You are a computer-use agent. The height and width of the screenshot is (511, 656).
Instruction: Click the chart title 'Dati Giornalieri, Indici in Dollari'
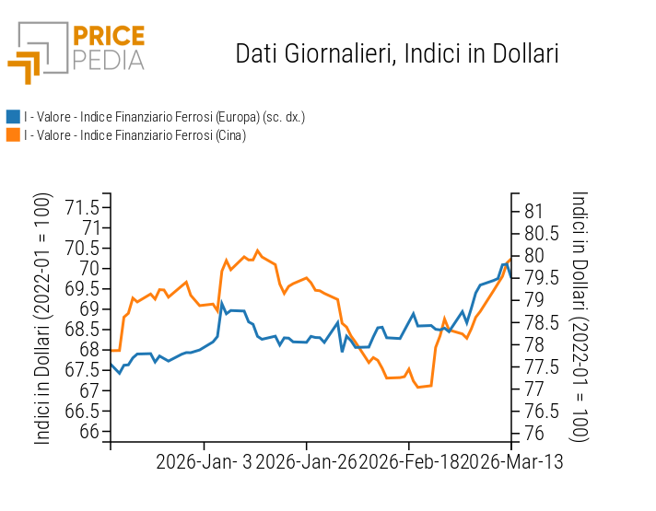[x=397, y=53]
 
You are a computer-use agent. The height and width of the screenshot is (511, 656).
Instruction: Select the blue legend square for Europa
[x=13, y=117]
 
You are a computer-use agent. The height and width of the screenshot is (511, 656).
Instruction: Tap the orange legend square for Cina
[x=13, y=134]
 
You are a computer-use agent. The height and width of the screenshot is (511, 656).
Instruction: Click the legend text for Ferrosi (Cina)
[x=135, y=135]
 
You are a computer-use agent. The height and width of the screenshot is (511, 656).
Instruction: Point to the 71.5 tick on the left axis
[x=83, y=207]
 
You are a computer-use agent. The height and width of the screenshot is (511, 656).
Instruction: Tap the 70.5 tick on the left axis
[x=83, y=248]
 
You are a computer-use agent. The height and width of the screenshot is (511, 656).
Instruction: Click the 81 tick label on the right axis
[x=534, y=211]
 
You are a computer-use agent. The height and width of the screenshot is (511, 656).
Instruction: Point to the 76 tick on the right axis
[x=534, y=434]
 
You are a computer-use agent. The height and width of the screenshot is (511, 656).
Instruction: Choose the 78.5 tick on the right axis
[x=542, y=322]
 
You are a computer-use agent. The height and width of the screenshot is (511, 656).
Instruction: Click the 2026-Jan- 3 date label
[x=204, y=460]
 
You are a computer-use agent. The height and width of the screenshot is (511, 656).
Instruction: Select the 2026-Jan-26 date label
[x=306, y=460]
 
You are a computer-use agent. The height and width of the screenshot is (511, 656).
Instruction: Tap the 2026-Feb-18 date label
[x=408, y=460]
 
